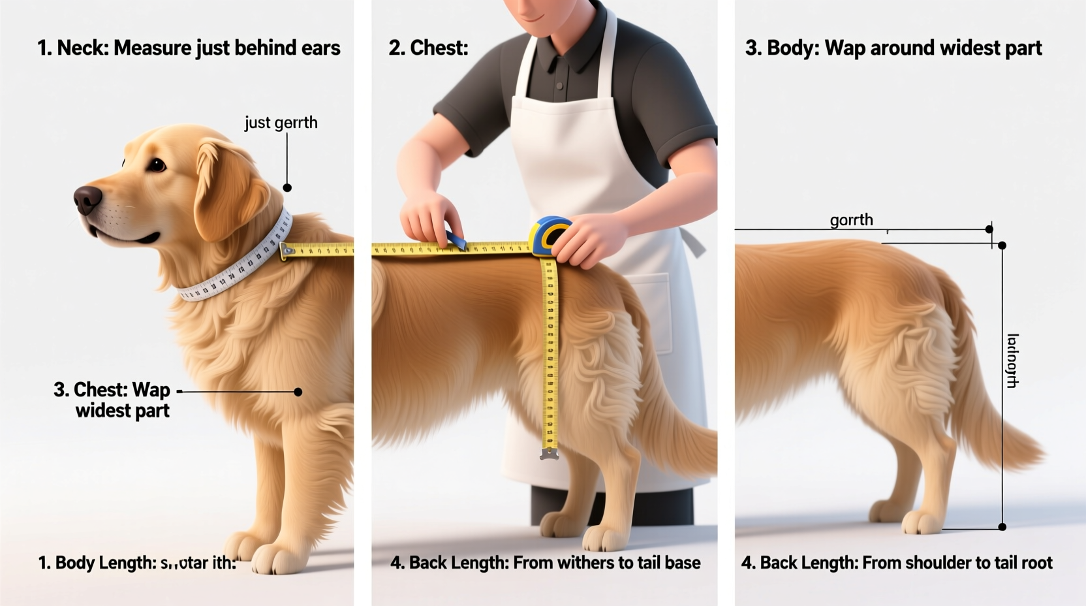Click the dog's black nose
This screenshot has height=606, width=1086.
pyautogui.click(x=87, y=199)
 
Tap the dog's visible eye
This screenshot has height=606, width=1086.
pyautogui.click(x=157, y=165)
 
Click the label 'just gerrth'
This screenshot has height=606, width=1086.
pyautogui.click(x=281, y=123)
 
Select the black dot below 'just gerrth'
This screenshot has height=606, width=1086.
pyautogui.click(x=287, y=187)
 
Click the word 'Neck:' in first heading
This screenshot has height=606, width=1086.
pyautogui.click(x=83, y=48)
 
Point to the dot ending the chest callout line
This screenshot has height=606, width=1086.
pyautogui.click(x=298, y=392)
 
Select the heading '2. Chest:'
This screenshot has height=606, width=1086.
pyautogui.click(x=428, y=48)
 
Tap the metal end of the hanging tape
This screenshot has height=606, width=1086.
pyautogui.click(x=549, y=453)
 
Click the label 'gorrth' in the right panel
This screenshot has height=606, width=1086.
pyautogui.click(x=851, y=220)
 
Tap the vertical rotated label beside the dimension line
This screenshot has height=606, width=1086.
pyautogui.click(x=1012, y=360)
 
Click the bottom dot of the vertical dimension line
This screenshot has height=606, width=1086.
pyautogui.click(x=1002, y=526)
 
